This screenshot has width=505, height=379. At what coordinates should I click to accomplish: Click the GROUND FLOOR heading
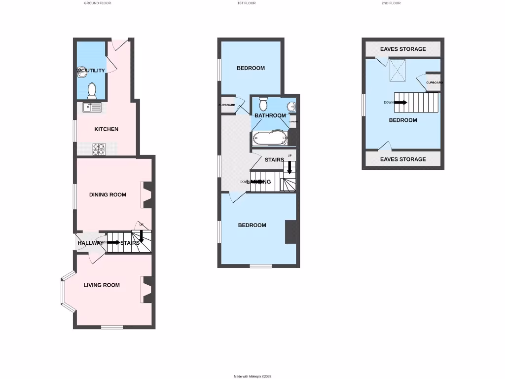click(x=98, y=3)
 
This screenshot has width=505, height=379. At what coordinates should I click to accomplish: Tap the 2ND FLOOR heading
click(x=391, y=3)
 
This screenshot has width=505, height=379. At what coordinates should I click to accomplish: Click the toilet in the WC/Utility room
click(x=92, y=90)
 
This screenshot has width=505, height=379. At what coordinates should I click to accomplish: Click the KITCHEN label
click(x=107, y=129)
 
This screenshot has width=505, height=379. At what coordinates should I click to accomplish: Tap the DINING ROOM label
click(x=108, y=195)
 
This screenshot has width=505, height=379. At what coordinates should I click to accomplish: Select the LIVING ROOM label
click(x=102, y=285)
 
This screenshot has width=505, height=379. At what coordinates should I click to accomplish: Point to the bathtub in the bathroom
click(x=269, y=138)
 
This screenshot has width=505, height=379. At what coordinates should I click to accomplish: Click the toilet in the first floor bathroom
click(x=263, y=104)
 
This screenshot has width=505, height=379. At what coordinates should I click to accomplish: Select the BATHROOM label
click(x=270, y=116)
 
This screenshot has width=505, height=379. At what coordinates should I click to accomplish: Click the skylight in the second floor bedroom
click(x=397, y=70)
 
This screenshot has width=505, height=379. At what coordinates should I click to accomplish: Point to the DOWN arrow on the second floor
click(x=400, y=103)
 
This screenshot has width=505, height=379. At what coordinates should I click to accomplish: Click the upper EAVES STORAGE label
click(x=403, y=49)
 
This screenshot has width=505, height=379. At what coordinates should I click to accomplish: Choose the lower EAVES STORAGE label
click(x=403, y=159)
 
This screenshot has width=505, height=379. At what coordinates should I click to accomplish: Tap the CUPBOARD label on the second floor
click(x=434, y=82)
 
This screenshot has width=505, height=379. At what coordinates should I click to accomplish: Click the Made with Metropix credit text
click(x=253, y=377)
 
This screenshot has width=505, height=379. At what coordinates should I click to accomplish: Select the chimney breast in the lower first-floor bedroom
click(x=290, y=231)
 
